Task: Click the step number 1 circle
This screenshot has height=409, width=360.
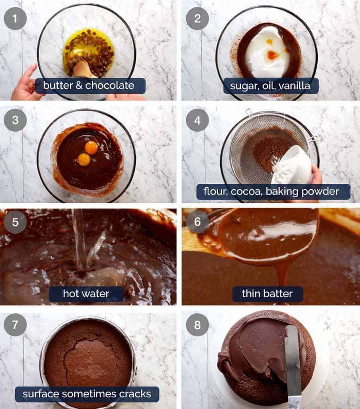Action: pos(15,18)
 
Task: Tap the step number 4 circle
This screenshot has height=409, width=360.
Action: pos(197,120)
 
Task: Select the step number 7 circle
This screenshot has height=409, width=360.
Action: pos(15,324)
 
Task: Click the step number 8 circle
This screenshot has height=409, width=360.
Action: pos(197,324)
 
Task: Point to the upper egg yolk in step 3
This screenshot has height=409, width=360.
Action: pos(91,147)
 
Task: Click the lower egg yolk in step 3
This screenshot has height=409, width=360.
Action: pos(84,159)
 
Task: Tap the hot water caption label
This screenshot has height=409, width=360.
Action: pos(86,294)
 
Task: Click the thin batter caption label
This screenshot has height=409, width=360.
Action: pos(267,294)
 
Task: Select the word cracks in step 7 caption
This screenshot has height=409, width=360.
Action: pos(134,394)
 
